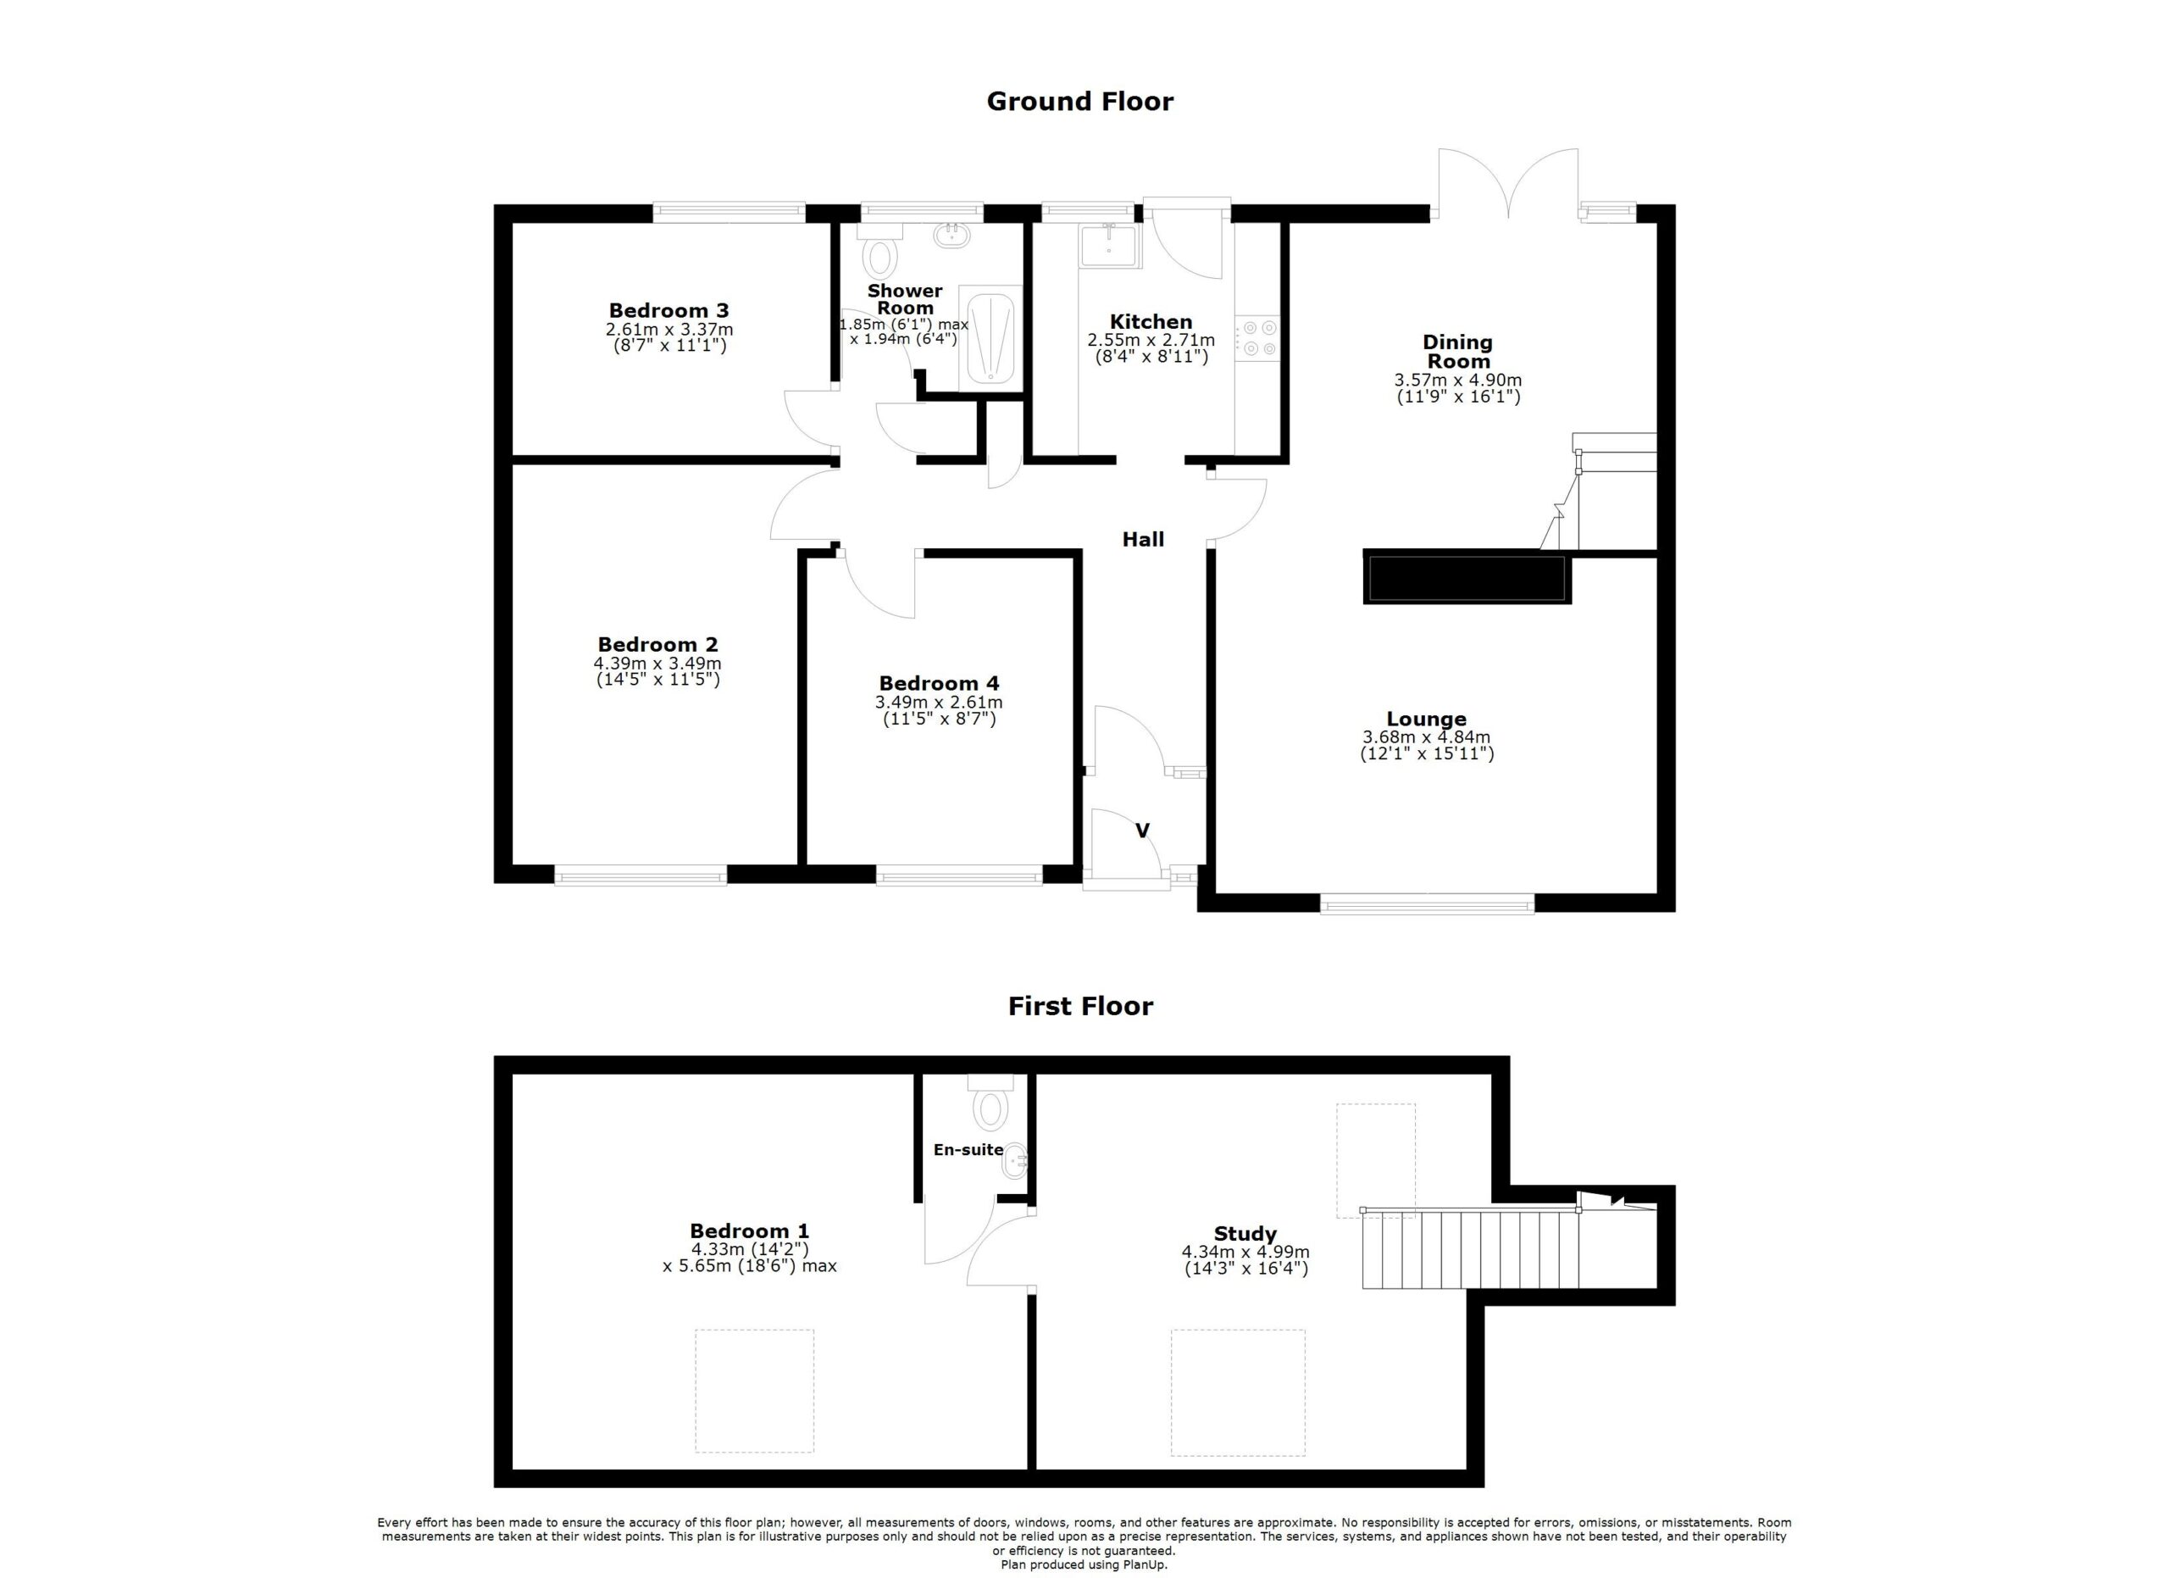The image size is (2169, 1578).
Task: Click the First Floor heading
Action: point(1080,1006)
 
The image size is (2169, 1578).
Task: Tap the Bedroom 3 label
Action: point(668,311)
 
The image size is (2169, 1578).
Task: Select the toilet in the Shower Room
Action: point(879,256)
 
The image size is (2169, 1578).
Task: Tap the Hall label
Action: point(1143,539)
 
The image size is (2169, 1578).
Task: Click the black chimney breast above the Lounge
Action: point(1466,578)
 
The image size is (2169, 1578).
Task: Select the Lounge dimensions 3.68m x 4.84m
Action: point(1426,737)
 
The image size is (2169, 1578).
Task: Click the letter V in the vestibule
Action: point(1142,831)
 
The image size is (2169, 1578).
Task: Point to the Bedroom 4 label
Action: point(939,684)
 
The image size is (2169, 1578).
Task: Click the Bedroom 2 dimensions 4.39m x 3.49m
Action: point(657,664)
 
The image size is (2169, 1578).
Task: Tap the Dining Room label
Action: point(1457,351)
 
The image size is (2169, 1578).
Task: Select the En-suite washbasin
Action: point(1016,1164)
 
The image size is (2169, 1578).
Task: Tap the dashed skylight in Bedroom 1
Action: point(755,1392)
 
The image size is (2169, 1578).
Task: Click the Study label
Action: point(1245,1234)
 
